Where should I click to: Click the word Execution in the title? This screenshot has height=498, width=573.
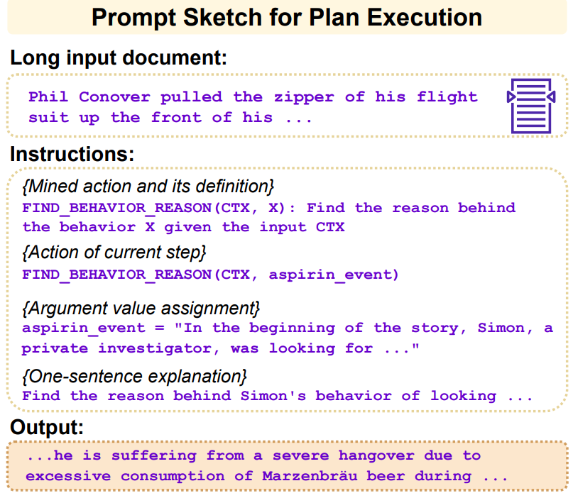click(x=425, y=17)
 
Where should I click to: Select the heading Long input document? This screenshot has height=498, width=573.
click(x=119, y=58)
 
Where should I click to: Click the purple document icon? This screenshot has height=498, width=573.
click(x=531, y=106)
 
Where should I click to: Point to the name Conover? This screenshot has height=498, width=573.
click(x=114, y=96)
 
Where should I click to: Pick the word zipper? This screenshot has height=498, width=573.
click(x=304, y=97)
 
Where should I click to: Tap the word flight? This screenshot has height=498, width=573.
click(x=447, y=97)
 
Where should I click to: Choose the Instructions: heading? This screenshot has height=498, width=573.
click(x=72, y=154)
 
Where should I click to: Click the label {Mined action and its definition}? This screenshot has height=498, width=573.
click(x=148, y=186)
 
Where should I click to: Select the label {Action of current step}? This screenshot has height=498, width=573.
click(x=114, y=253)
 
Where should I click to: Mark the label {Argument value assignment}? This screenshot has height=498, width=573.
click(x=141, y=308)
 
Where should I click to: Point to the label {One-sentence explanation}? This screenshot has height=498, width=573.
click(x=134, y=377)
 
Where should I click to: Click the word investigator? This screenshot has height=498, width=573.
click(x=159, y=349)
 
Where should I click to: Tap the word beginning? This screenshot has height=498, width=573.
click(x=292, y=328)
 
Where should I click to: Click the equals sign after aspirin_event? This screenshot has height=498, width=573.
click(x=159, y=328)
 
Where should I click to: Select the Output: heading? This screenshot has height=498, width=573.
click(x=47, y=427)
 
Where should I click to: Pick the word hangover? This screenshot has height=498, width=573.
click(x=376, y=455)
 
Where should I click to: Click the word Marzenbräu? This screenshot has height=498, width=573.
click(x=310, y=476)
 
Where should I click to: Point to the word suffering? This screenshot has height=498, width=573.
click(x=154, y=456)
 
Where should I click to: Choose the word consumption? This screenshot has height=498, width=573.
click(x=173, y=477)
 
